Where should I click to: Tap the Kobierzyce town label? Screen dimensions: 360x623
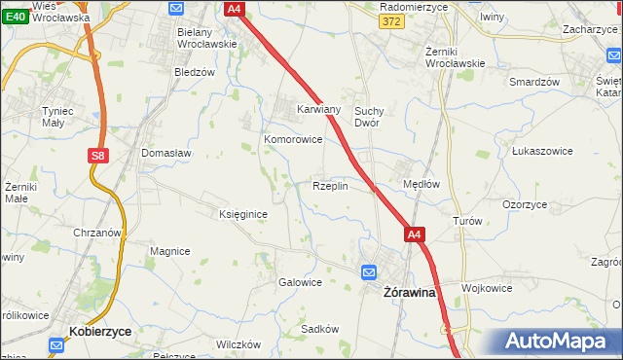pyautogui.click(x=101, y=332)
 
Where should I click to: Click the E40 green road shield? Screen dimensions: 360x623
pyautogui.click(x=14, y=17)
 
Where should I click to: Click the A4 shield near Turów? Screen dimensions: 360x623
pyautogui.click(x=415, y=234)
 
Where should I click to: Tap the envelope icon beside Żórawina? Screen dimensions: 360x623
pyautogui.click(x=369, y=272)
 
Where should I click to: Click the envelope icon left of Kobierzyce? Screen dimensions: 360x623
pyautogui.click(x=56, y=343)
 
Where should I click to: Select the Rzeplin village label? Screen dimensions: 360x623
pyautogui.click(x=330, y=186)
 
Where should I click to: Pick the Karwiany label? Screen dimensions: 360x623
pyautogui.click(x=318, y=110)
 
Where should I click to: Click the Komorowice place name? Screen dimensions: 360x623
pyautogui.click(x=293, y=139)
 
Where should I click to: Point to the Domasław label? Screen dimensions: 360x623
pyautogui.click(x=166, y=153)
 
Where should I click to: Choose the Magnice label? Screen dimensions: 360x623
pyautogui.click(x=169, y=251)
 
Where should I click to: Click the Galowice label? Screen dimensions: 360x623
pyautogui.click(x=300, y=282)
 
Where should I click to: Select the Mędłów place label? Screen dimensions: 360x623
pyautogui.click(x=421, y=183)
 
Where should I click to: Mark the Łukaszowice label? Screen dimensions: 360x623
pyautogui.click(x=539, y=152)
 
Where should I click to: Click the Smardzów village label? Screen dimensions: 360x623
pyautogui.click(x=534, y=82)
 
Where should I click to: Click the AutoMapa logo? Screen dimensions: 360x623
pyautogui.click(x=555, y=341)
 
